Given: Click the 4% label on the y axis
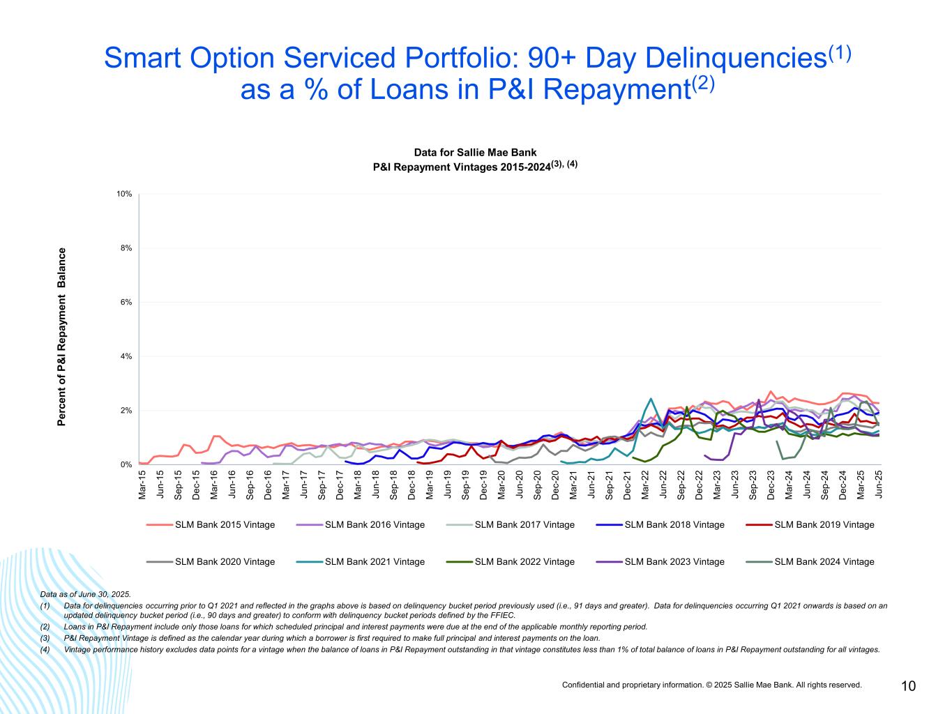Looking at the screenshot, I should coord(126,356).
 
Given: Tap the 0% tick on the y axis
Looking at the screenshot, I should coord(126,464).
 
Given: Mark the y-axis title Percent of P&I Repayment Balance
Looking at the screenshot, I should coord(62,336).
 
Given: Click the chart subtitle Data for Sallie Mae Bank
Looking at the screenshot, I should coord(475,152).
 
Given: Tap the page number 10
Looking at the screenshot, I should coord(908,686).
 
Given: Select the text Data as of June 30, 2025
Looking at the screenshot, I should coord(86,594).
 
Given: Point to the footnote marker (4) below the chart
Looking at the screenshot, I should coord(45,649).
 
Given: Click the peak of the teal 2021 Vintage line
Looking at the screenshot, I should coord(651,399).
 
